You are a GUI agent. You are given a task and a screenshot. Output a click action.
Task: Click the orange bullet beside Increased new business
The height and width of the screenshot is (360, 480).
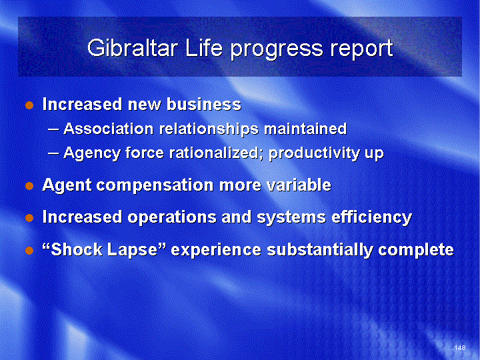coord(29,105)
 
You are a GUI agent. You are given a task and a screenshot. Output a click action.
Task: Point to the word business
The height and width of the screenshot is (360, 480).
coord(204,104)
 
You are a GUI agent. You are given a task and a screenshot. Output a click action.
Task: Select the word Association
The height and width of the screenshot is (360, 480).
coord(109,129)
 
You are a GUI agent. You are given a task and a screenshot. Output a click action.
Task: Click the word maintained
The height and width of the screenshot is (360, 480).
coord(305,129)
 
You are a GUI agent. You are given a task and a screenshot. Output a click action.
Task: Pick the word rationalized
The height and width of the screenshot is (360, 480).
coord(215,153)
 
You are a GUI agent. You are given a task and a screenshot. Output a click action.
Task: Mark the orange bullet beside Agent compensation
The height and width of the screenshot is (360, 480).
coord(29,185)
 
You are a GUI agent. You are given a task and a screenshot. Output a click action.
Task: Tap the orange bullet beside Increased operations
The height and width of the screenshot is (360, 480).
coord(29,218)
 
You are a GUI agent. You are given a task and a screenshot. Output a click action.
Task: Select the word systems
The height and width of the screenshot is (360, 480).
coord(291,217)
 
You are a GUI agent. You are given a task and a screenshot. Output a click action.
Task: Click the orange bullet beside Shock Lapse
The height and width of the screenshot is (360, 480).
coord(29,251)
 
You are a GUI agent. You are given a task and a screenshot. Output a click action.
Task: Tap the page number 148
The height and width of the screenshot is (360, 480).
coord(460,347)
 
